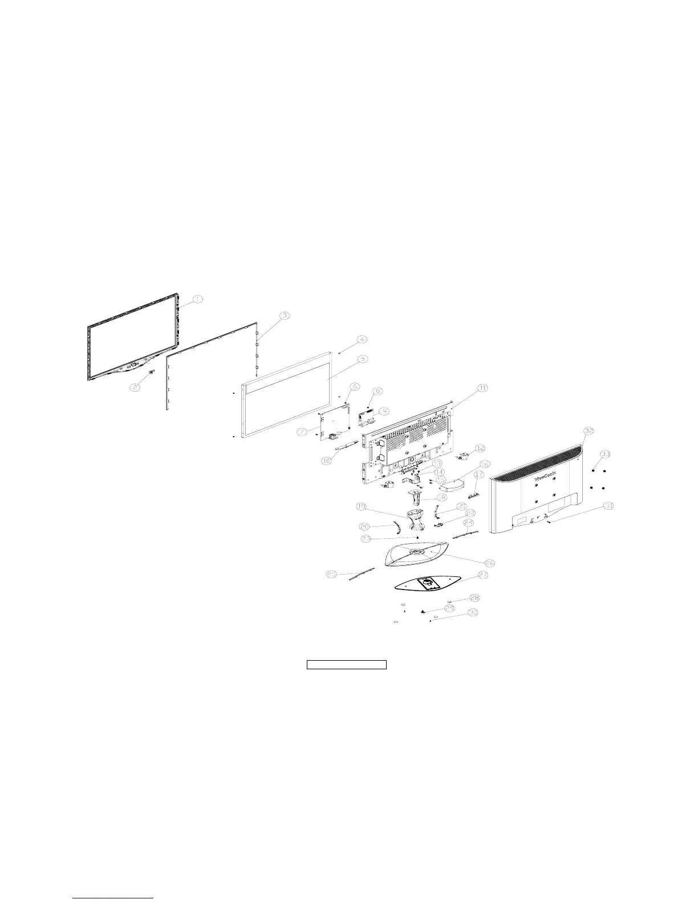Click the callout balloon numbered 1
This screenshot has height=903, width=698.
[x=196, y=299]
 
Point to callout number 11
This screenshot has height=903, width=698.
[x=482, y=388]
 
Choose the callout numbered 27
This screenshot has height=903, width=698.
[x=482, y=576]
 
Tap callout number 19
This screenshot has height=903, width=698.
[x=361, y=506]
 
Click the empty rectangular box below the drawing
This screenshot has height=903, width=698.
[x=347, y=664]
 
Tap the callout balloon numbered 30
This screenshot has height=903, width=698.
[x=473, y=613]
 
